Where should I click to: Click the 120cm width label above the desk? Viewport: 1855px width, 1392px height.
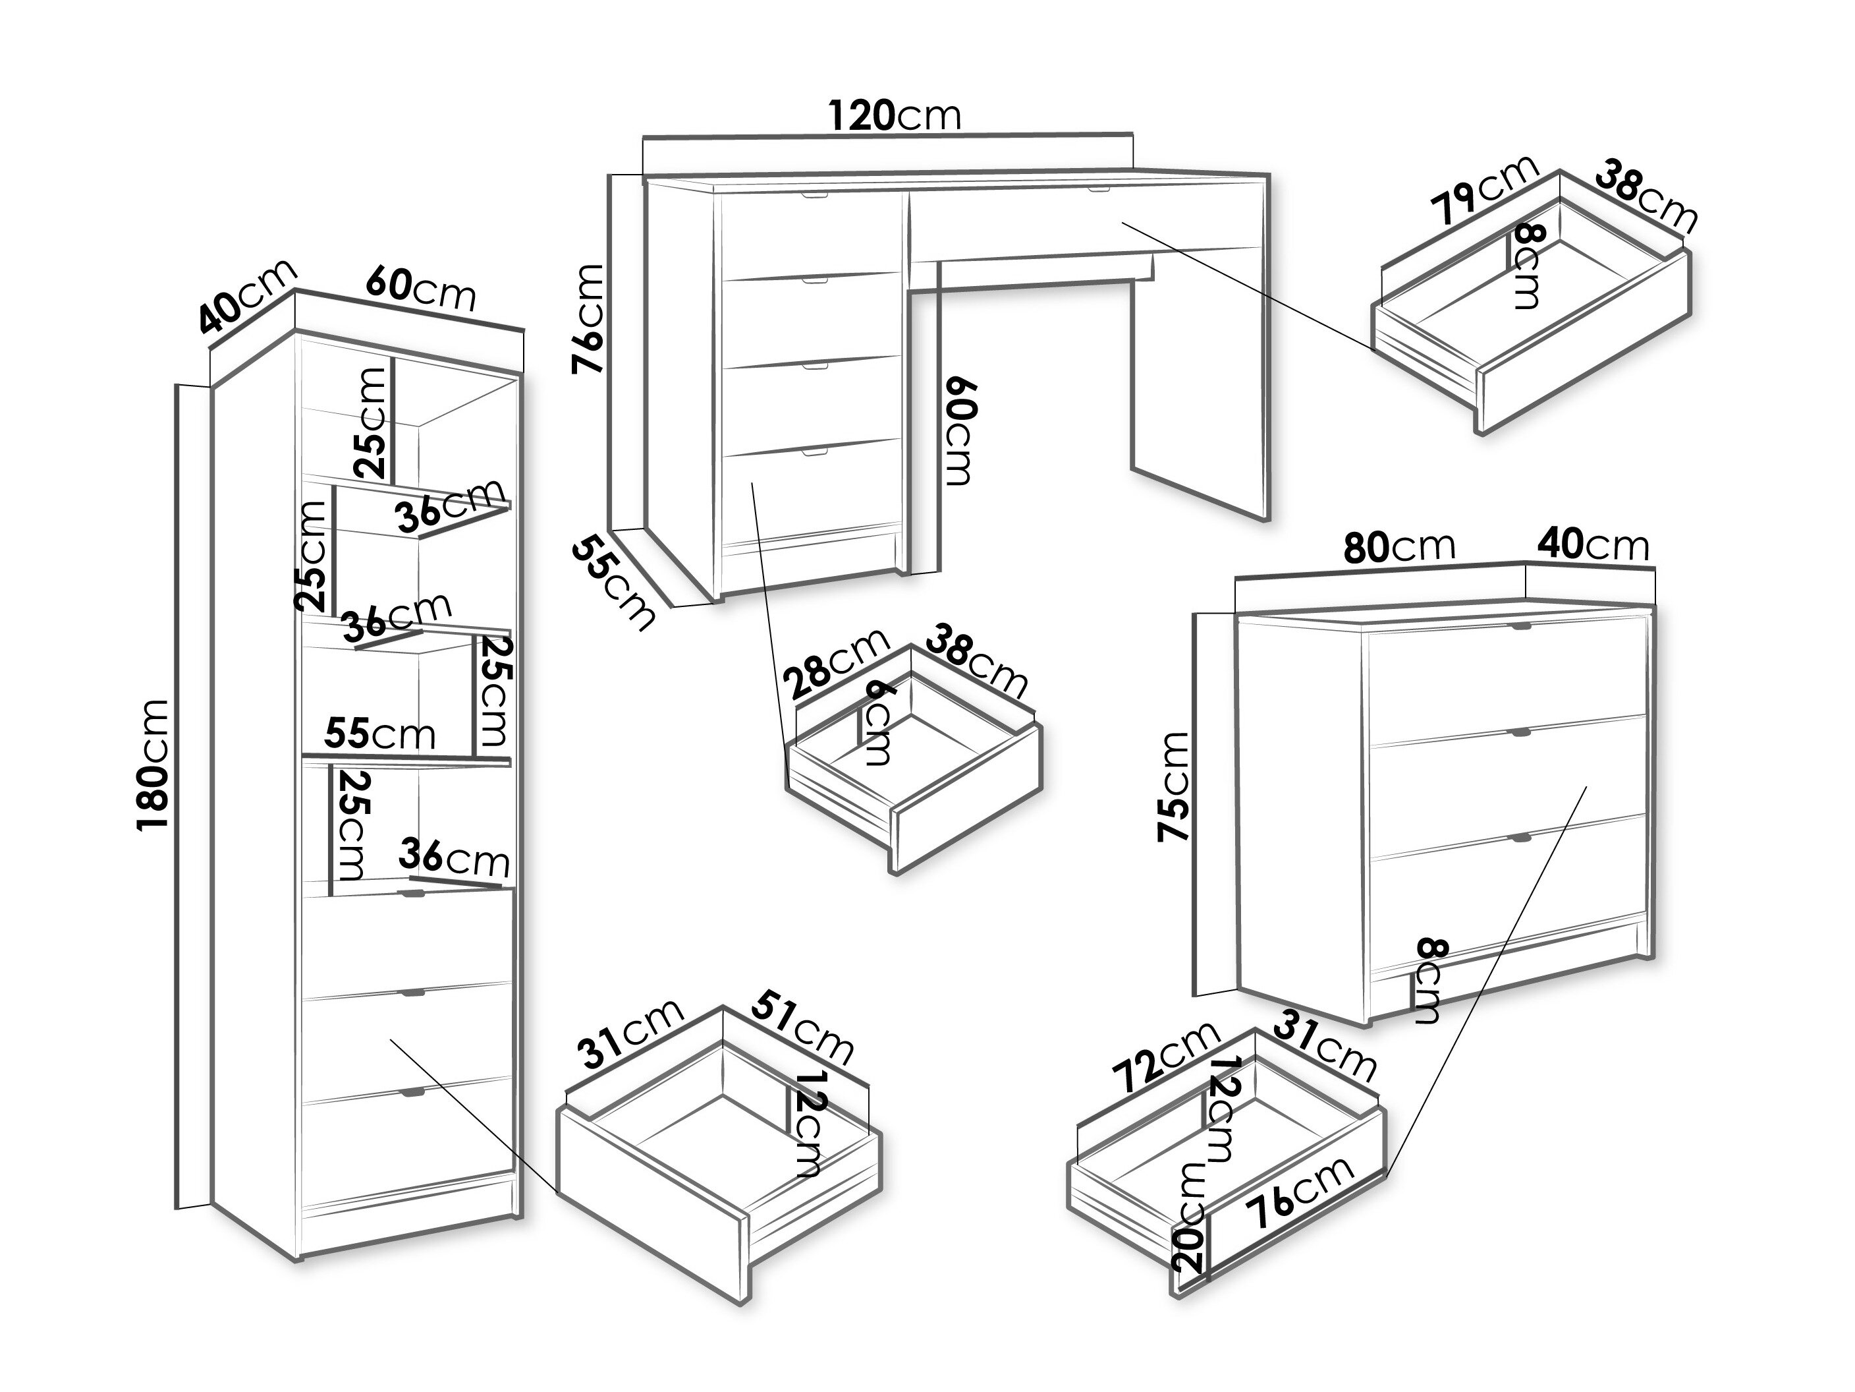point(894,116)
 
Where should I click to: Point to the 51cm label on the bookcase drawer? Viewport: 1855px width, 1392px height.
point(801,1029)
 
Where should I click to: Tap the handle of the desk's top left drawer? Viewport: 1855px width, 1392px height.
point(814,196)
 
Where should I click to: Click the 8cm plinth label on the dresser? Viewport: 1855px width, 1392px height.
point(1428,980)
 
